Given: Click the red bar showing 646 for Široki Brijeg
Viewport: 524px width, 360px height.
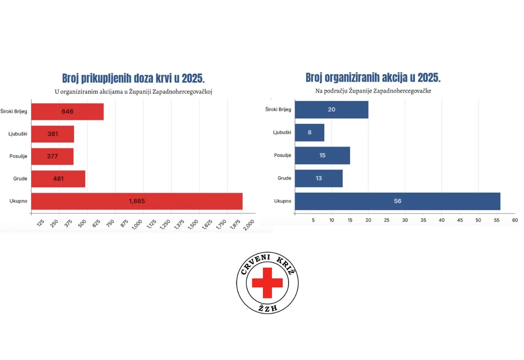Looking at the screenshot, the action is pos(68,112).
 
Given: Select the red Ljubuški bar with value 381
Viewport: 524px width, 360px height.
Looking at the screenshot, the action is pos(53,134).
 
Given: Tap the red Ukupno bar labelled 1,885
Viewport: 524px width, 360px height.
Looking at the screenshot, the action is pos(137,201).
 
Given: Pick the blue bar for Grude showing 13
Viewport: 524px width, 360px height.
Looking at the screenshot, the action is pos(318,178).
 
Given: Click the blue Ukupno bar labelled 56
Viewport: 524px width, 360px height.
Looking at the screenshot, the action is pos(398,201).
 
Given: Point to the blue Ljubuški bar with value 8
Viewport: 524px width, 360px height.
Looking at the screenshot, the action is pos(309,133).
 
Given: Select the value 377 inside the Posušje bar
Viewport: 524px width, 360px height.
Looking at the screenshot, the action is pos(52,156).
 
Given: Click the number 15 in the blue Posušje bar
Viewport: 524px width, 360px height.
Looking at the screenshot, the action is pos(322,155).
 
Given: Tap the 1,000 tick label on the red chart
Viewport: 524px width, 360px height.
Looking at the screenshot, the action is pos(137,225).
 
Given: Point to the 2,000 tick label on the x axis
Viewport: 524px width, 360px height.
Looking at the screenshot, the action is pos(248,225).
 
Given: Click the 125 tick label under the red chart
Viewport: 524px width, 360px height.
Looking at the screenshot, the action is pos(41,223).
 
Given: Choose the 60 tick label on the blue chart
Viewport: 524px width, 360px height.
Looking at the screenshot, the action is pos(515,220).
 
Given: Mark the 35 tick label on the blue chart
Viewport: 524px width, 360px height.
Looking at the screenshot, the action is pos(423,220).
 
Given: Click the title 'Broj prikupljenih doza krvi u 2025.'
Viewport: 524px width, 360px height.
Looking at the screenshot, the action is pos(133,79).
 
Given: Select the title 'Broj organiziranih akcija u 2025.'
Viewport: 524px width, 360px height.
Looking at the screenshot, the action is pos(373,78).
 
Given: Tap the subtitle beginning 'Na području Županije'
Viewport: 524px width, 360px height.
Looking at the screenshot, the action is pos(373,91).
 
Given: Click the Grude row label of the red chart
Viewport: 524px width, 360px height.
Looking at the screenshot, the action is pos(20,179).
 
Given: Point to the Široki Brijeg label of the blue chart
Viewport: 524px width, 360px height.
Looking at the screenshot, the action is pos(278,110).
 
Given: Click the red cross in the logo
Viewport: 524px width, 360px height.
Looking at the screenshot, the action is pos(267,283).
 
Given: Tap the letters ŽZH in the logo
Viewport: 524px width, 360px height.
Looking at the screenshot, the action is pos(268,308).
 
